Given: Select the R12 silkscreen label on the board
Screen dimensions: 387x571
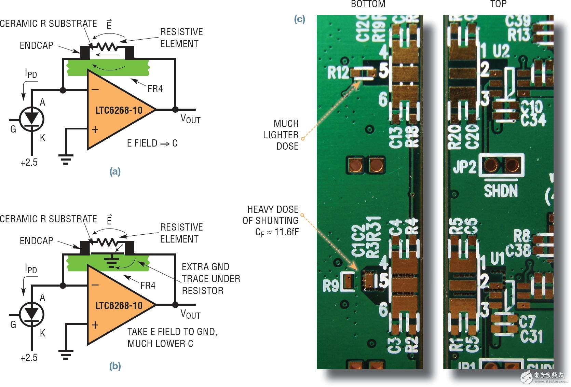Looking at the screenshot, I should coord(338,73).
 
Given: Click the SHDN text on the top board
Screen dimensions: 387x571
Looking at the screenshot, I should coord(501,191).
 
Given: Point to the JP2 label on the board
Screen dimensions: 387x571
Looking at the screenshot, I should coord(464,167).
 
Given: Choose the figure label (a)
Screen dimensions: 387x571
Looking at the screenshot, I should coord(115,171).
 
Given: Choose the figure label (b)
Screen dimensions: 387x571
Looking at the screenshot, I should coord(115,366).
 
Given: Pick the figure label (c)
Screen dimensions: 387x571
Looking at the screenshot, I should coord(299,19).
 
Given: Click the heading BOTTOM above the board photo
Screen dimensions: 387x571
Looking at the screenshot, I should coord(368,4).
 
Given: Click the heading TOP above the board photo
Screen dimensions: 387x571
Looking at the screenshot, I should coord(498,4).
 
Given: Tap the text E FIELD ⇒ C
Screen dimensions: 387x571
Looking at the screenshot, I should coord(152,143).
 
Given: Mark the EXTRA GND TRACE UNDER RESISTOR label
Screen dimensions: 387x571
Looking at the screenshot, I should coord(210,279).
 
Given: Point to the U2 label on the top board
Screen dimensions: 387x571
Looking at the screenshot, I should coord(501,51).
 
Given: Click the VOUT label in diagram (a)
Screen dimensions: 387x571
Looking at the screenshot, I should coord(190,119).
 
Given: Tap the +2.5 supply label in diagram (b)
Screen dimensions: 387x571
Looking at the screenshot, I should coord(29,358).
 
